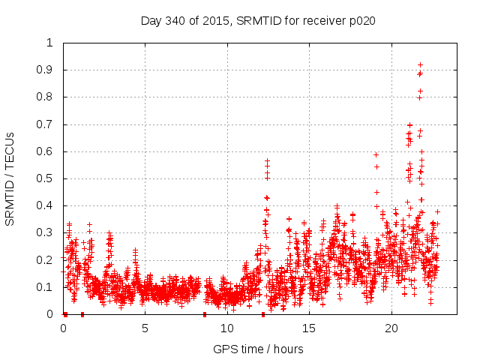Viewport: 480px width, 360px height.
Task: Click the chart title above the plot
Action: coord(258,20)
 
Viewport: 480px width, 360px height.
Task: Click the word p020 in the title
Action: coord(361,20)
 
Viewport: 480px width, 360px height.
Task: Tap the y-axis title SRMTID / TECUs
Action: coord(10,178)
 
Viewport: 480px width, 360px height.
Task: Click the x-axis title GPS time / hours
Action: coord(258,349)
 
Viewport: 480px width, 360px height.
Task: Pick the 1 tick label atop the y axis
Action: coord(50,43)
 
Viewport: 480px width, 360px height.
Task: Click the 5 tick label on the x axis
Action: coord(145,328)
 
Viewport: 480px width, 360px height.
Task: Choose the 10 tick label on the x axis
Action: coord(227,328)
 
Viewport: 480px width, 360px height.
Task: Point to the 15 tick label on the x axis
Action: coord(309,328)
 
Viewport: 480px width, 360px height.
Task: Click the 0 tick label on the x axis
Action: coord(63,328)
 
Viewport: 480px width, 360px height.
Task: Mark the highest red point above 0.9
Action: coord(420,64)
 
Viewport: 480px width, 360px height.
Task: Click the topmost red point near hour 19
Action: coord(376,154)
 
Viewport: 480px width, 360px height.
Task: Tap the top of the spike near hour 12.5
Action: coord(267,160)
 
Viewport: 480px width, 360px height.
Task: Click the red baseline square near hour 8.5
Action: coord(204,314)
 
